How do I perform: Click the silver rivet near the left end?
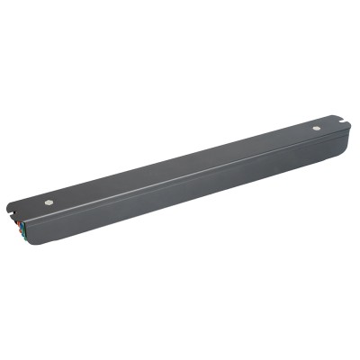[x=49, y=202]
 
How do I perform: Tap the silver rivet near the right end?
[x=316, y=128]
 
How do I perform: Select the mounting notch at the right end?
[x=341, y=121]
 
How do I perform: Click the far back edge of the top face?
[x=180, y=152]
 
